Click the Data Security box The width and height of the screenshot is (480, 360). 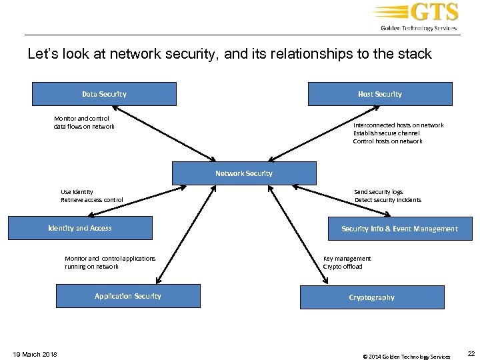(104, 94)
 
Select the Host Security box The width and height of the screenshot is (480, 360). (379, 94)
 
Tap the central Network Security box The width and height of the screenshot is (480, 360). (243, 173)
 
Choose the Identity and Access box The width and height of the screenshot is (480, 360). (80, 228)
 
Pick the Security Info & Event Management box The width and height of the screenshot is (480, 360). (399, 229)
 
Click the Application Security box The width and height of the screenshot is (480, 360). (128, 296)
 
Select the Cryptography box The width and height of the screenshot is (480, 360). (372, 297)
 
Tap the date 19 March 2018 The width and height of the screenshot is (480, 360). (35, 354)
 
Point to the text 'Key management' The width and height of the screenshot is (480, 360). (347, 259)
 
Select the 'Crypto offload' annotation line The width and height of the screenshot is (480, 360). (343, 267)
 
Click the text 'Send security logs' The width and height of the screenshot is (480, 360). (378, 192)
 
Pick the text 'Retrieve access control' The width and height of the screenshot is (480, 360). (92, 200)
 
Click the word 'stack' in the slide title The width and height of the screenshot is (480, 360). (414, 54)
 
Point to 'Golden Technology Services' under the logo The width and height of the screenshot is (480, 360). (419, 28)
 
